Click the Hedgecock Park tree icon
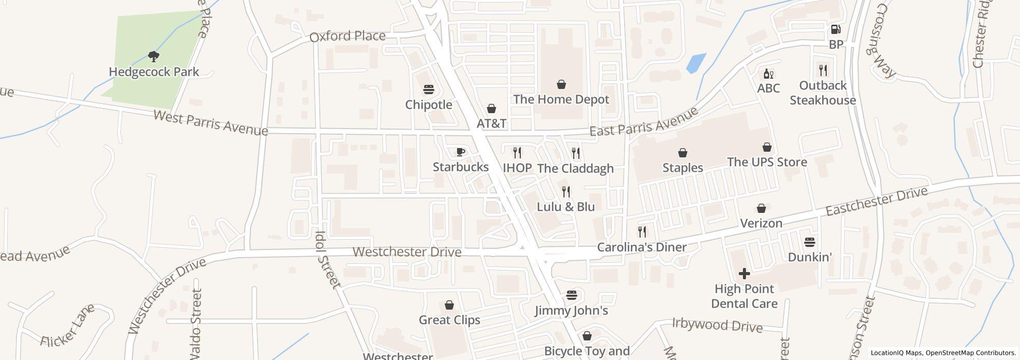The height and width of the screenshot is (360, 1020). click(153, 56)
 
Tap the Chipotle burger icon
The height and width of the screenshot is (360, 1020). click(429, 89)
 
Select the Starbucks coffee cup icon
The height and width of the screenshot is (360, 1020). click(461, 152)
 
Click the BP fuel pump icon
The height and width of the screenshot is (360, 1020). click(836, 29)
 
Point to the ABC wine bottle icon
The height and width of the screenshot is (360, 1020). click(769, 74)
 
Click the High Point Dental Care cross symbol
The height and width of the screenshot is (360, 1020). click(744, 273)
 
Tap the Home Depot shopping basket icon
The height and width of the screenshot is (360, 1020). click(561, 84)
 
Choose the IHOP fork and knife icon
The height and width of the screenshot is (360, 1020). click(517, 152)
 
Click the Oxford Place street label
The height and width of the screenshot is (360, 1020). click(348, 37)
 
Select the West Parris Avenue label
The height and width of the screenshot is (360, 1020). click(210, 123)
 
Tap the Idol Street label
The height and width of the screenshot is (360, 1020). click(327, 259)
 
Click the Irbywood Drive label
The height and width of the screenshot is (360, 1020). click(717, 325)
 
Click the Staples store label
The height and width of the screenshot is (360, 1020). click(683, 168)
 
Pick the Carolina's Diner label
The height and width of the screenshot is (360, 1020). click(642, 247)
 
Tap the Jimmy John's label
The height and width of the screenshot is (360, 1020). click(571, 311)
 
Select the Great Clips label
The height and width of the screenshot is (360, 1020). click(449, 320)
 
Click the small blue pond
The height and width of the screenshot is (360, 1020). click(696, 63)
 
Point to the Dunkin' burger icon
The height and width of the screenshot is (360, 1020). click(810, 242)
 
